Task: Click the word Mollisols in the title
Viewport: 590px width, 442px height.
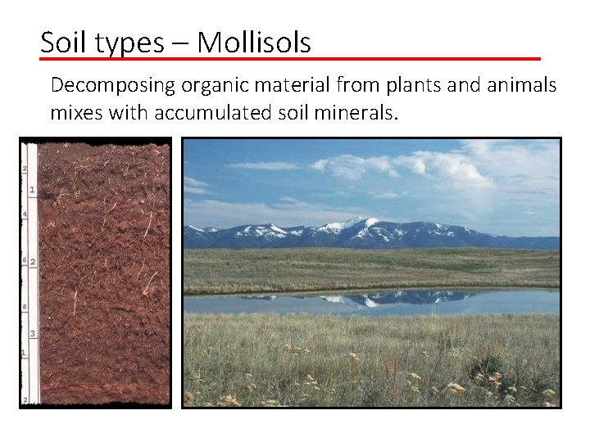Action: coord(254,42)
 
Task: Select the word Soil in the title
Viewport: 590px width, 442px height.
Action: coord(60,42)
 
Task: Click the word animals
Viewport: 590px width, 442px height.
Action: coord(520,84)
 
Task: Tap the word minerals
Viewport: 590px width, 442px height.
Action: coord(361,111)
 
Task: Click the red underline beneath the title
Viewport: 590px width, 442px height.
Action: coord(291,59)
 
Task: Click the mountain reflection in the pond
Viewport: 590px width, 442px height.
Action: coord(361,298)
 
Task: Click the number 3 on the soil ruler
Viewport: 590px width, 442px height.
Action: coord(32,334)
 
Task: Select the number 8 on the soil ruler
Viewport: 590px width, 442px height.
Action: coord(25,307)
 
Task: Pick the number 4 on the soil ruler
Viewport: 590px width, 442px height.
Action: coord(25,214)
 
